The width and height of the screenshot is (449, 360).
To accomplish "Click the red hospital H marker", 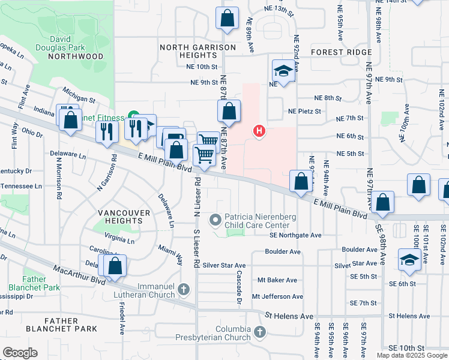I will click(x=259, y=130).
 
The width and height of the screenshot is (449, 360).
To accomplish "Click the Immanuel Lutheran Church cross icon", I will click(x=184, y=290).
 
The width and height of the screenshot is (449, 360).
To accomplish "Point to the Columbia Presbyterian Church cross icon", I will click(x=259, y=331).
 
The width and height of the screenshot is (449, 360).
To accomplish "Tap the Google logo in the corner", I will click(x=20, y=353).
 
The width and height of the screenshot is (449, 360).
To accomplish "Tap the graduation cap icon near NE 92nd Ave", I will click(x=281, y=71).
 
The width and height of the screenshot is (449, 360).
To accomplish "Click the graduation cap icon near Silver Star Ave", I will click(x=409, y=259).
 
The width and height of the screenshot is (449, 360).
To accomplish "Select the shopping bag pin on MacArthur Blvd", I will click(x=115, y=265).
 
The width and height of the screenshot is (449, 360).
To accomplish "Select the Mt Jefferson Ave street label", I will click(x=277, y=296).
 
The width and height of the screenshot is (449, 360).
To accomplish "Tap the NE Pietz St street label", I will click(x=304, y=111).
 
